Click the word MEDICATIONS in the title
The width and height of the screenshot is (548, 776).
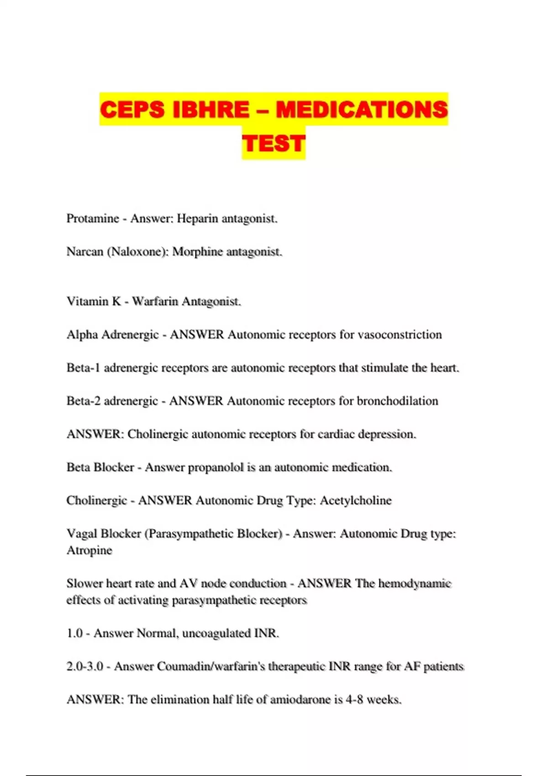tap(362, 110)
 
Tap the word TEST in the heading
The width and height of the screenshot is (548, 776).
tap(274, 143)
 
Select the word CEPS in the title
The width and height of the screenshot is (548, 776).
tap(132, 110)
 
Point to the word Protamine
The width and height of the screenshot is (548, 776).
tap(93, 219)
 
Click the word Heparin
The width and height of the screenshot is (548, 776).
tap(197, 219)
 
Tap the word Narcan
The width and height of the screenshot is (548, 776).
tap(85, 252)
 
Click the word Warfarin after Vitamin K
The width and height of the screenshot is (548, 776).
tap(155, 301)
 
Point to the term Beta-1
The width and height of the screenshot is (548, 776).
tap(83, 368)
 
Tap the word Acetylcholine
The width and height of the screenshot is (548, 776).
tap(356, 500)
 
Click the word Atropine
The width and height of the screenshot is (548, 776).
tap(90, 550)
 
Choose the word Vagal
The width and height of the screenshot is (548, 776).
tap(81, 534)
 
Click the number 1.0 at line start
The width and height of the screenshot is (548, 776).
tap(75, 633)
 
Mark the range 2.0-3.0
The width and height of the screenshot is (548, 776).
tap(85, 666)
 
